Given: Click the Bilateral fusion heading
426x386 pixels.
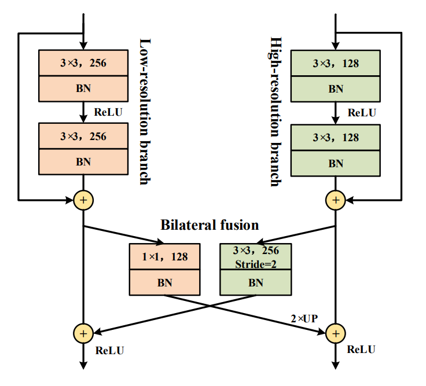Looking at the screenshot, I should (210, 225).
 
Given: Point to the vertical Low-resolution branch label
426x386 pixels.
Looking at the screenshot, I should (145, 112).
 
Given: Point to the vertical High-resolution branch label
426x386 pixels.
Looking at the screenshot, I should (276, 112).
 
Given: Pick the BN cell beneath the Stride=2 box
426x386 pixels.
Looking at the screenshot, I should (255, 283).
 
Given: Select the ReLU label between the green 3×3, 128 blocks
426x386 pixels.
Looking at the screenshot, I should (362, 112).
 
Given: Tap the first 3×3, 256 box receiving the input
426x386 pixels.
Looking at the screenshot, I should (83, 63).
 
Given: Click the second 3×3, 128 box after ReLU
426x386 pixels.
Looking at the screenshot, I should (336, 138).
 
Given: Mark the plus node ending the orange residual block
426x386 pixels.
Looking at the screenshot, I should (83, 200).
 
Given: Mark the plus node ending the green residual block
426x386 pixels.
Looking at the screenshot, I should (336, 200).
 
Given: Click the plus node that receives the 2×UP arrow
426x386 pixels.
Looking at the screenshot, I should (336, 333).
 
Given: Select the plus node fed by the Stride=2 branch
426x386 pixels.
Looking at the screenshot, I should (83, 333).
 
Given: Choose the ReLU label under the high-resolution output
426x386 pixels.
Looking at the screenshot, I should (361, 350).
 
